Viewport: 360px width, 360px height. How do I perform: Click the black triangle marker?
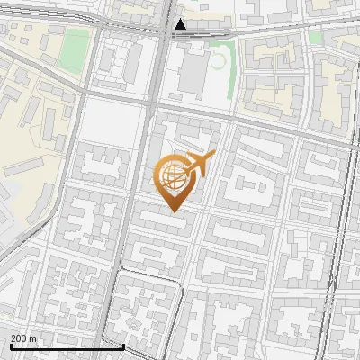(x=182, y=25)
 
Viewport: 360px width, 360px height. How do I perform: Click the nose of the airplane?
(x=212, y=156)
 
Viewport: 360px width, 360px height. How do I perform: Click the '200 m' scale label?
(x=23, y=337)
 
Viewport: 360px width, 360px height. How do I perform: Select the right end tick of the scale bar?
(x=122, y=345)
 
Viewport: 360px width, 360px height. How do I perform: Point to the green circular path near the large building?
(x=218, y=60)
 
